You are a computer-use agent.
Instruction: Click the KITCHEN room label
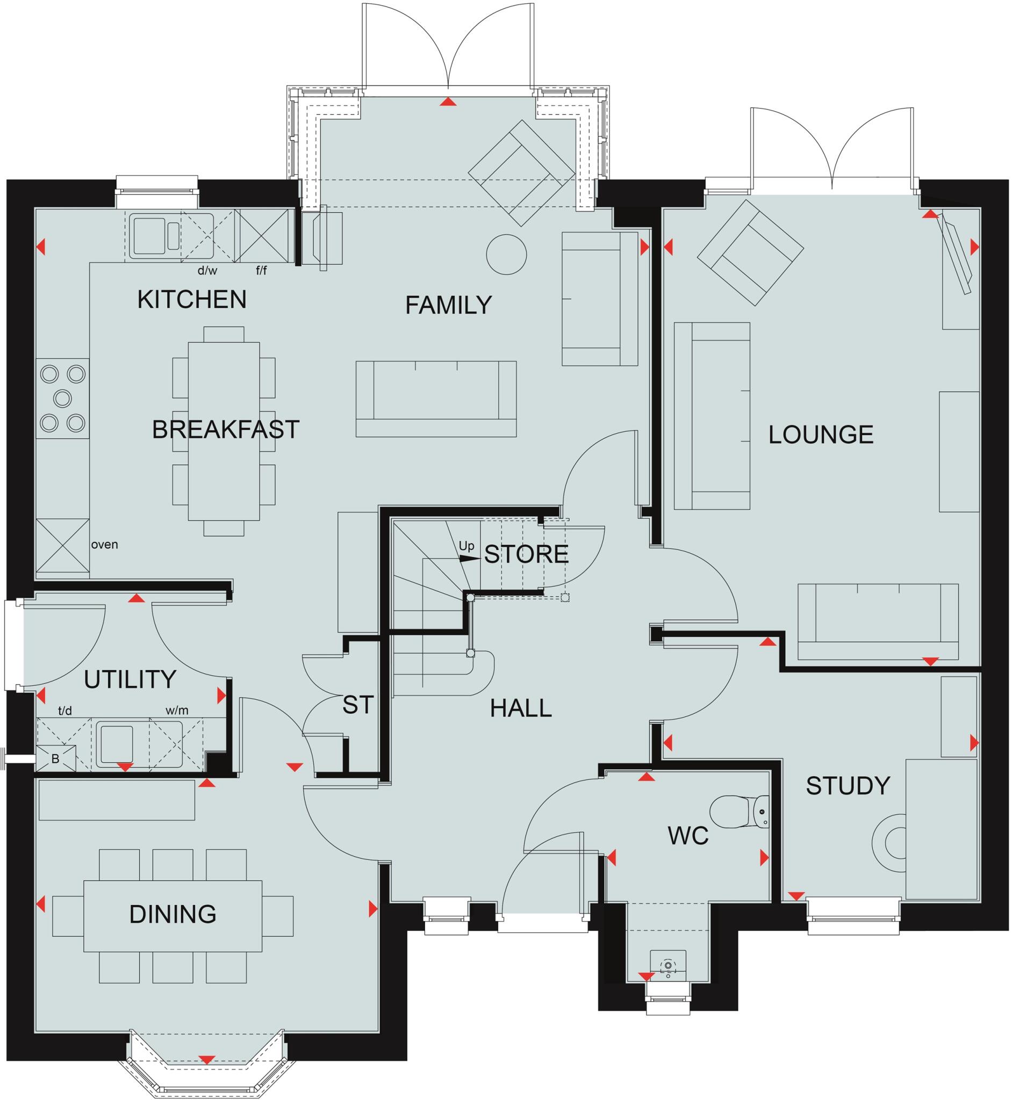[x=192, y=299]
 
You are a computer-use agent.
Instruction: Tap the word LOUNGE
[x=820, y=435]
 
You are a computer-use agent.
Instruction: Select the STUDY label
[x=847, y=786]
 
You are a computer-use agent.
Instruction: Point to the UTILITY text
[x=130, y=679]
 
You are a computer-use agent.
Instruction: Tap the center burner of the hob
[x=63, y=399]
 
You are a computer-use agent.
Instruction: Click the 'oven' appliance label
[x=104, y=545]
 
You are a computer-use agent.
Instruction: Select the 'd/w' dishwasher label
[x=207, y=270]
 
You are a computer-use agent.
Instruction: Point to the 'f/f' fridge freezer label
[x=261, y=270]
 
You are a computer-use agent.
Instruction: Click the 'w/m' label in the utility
[x=177, y=711]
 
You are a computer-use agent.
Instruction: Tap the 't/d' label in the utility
[x=64, y=711]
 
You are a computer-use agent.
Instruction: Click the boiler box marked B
[x=55, y=759]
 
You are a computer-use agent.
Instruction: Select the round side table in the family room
[x=506, y=255]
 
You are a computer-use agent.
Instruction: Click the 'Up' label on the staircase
[x=466, y=546]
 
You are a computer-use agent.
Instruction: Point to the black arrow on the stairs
[x=469, y=559]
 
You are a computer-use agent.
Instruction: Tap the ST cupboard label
[x=357, y=705]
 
